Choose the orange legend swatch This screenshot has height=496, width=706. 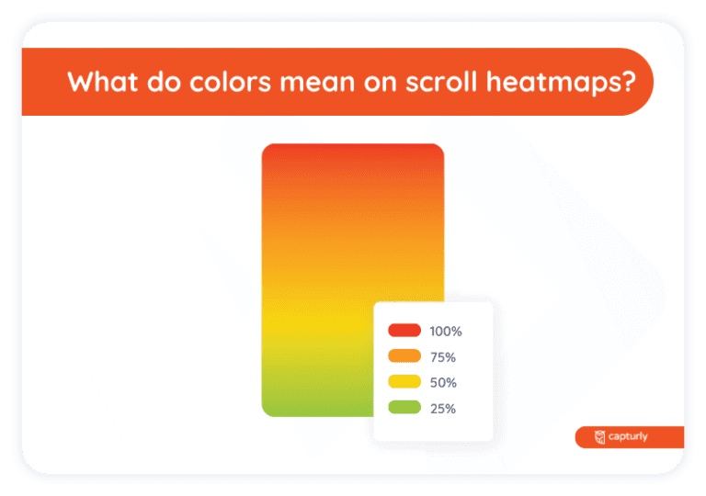click(x=404, y=356)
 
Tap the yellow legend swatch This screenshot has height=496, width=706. click(x=404, y=382)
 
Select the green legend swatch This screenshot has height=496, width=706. click(x=404, y=408)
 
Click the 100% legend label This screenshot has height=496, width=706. click(x=446, y=331)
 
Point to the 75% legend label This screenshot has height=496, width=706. click(x=443, y=356)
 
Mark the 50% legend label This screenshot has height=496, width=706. click(x=443, y=382)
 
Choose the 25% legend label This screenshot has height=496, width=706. click(x=443, y=408)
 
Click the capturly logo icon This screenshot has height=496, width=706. click(x=600, y=437)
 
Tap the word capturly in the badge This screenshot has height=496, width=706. click(x=629, y=437)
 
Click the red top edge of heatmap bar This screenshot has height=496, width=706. click(x=353, y=149)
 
